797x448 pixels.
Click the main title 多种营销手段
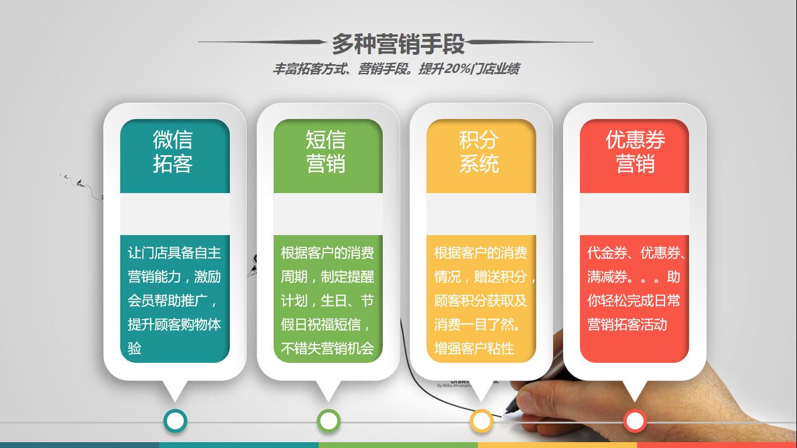398,44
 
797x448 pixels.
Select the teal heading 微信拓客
173,152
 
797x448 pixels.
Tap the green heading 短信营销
326,152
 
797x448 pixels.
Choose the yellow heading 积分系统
479,152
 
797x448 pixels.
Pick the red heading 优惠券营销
635,152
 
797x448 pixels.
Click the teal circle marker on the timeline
176,421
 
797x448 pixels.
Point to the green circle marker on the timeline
328,421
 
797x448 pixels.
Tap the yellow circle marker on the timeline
481,421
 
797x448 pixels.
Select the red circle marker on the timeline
635,421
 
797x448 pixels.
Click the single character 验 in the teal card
135,348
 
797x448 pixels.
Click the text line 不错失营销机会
327,348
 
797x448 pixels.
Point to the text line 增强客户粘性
474,348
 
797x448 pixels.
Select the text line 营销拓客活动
627,324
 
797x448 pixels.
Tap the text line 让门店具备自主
174,253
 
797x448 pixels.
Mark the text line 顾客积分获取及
480,300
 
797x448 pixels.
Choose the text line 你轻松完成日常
634,300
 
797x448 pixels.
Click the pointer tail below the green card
328,391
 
